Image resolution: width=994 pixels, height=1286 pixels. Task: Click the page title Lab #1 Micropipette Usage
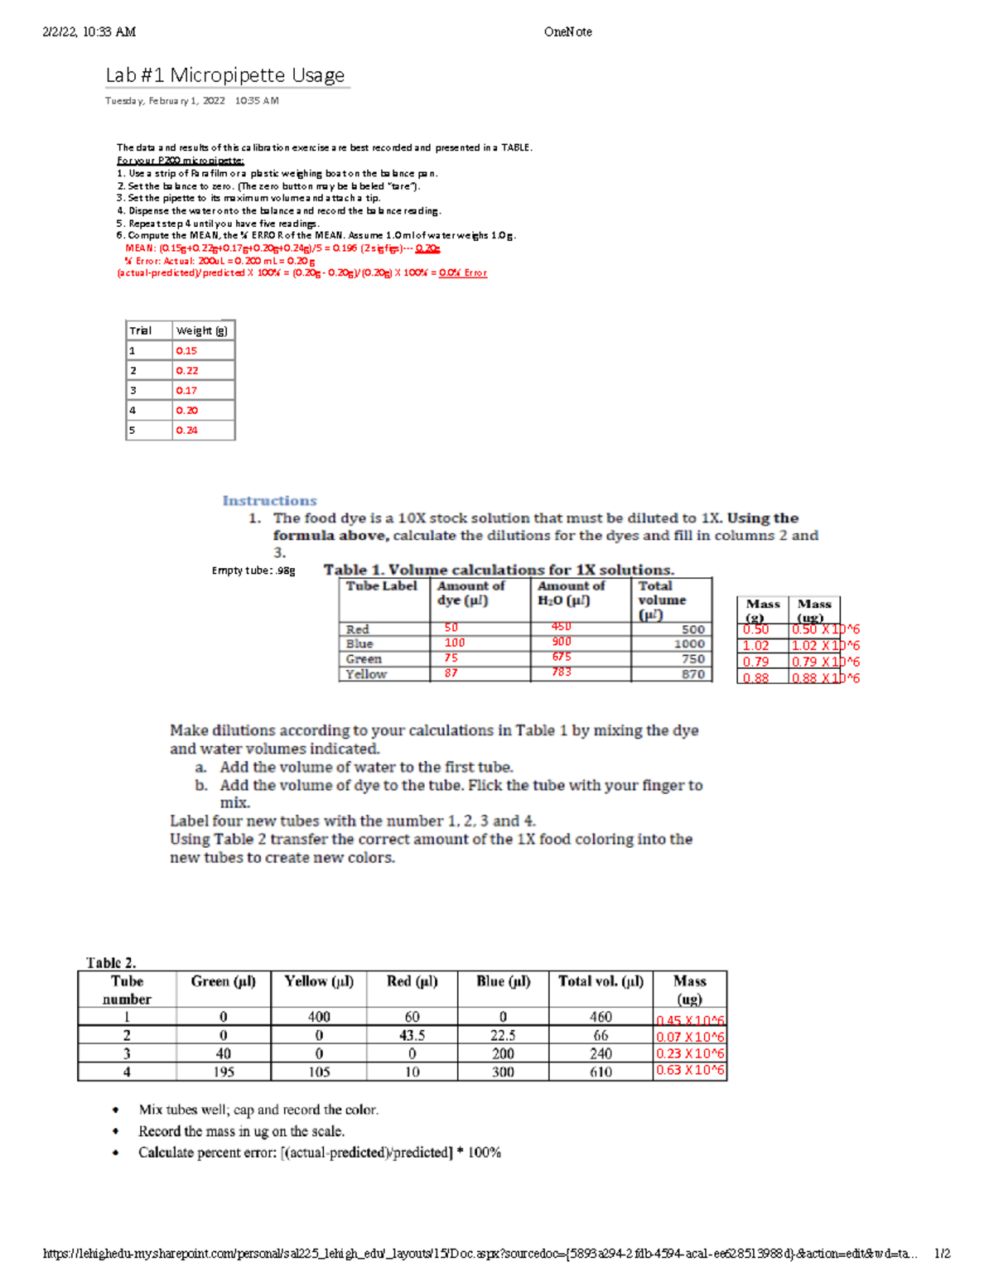224,75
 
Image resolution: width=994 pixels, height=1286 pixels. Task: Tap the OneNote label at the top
567,32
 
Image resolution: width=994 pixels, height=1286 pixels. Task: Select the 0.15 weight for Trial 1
186,351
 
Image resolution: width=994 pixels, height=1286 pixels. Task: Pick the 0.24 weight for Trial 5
186,431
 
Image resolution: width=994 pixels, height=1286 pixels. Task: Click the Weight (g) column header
201,330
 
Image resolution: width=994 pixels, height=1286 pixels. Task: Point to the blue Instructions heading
269,501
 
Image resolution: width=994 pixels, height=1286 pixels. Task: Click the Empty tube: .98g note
253,571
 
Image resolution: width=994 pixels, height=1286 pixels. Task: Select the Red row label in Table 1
358,629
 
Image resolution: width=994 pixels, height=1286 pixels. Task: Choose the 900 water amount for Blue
562,642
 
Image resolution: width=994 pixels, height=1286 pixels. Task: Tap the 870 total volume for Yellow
693,674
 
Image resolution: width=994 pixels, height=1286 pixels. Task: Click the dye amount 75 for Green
451,658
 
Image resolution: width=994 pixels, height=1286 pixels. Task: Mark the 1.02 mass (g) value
755,646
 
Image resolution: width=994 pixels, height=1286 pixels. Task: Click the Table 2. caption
111,963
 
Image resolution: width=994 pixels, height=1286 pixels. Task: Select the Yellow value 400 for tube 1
319,1017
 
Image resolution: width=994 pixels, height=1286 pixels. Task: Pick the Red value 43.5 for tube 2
412,1035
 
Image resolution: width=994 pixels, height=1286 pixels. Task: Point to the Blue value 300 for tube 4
503,1072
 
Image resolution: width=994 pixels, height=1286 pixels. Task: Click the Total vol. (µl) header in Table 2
601,981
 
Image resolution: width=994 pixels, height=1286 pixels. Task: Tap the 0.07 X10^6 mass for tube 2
690,1037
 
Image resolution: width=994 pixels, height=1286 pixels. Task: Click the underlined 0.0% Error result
463,273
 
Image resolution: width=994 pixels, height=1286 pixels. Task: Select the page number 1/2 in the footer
942,1254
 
